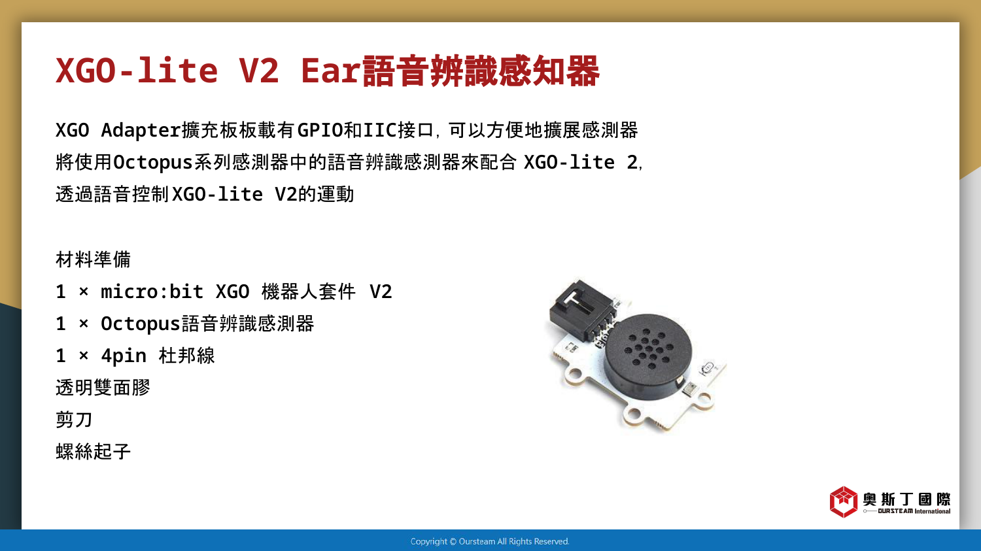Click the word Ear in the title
[331, 71]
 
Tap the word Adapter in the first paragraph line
[141, 131]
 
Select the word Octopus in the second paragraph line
[153, 163]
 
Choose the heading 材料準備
[93, 259]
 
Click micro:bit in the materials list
[152, 292]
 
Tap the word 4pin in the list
[124, 356]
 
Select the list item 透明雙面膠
[103, 388]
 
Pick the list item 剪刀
[73, 420]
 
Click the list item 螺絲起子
[93, 452]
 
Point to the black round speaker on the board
[647, 356]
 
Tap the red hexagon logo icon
[843, 502]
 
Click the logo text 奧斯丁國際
[906, 499]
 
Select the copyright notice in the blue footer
[490, 541]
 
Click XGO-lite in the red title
[137, 71]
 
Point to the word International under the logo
[933, 511]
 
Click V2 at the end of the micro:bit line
[381, 292]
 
